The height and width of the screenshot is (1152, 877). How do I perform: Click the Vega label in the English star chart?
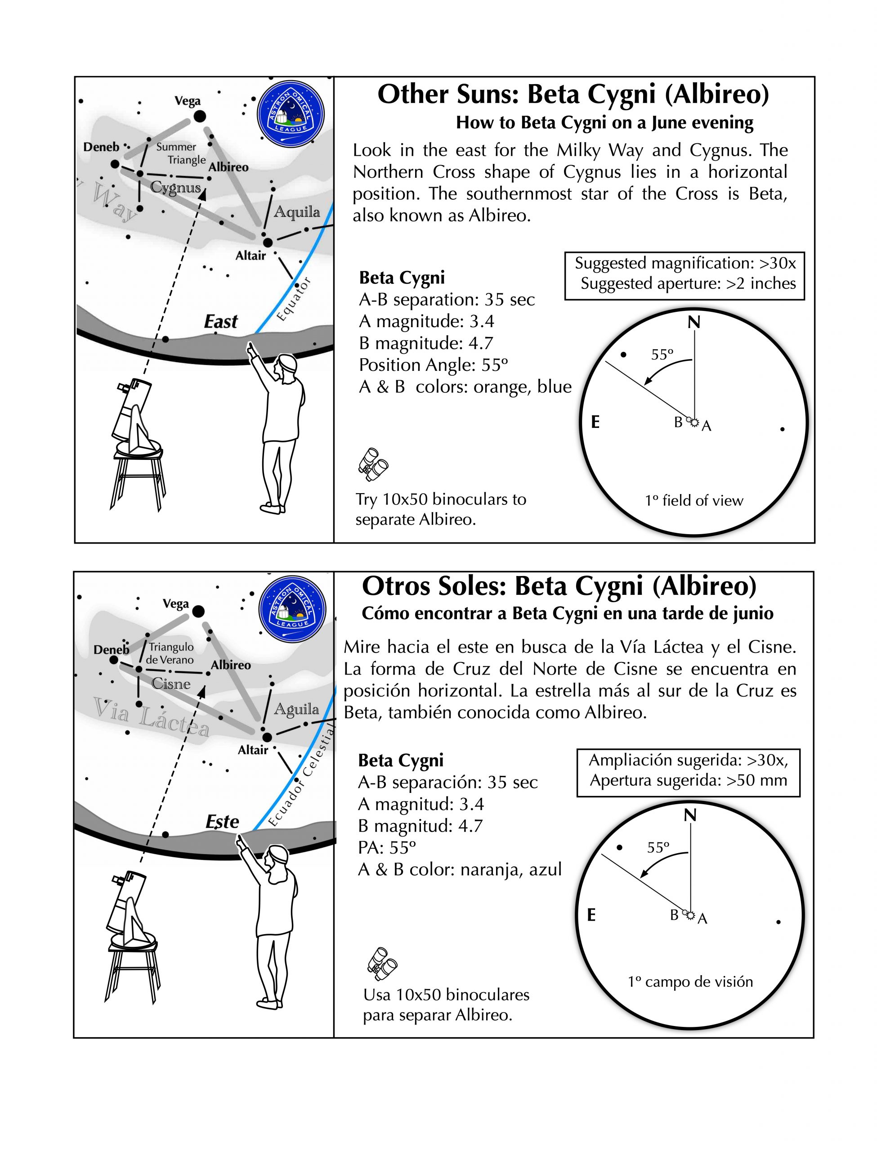pyautogui.click(x=188, y=101)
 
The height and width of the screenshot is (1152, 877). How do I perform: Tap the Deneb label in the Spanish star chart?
pyautogui.click(x=111, y=650)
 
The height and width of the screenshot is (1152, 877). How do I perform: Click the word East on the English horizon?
pyautogui.click(x=221, y=322)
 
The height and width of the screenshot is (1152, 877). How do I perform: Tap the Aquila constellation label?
pyautogui.click(x=296, y=211)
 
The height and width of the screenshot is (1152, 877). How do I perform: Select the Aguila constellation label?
pyautogui.click(x=296, y=709)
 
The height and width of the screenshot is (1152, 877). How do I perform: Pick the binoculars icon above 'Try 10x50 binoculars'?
pyautogui.click(x=374, y=463)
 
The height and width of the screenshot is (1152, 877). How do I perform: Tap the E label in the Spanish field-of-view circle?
pyautogui.click(x=591, y=915)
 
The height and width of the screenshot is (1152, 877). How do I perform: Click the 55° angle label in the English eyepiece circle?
pyautogui.click(x=662, y=355)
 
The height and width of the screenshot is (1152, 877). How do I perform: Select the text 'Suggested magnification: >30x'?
pyautogui.click(x=685, y=263)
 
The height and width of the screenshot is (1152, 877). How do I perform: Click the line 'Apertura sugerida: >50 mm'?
pyautogui.click(x=688, y=780)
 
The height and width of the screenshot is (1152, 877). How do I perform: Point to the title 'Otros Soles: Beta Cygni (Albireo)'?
pyautogui.click(x=559, y=586)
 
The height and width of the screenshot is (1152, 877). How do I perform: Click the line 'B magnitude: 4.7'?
pyautogui.click(x=426, y=342)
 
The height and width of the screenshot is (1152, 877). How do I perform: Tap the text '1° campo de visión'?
pyautogui.click(x=690, y=982)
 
